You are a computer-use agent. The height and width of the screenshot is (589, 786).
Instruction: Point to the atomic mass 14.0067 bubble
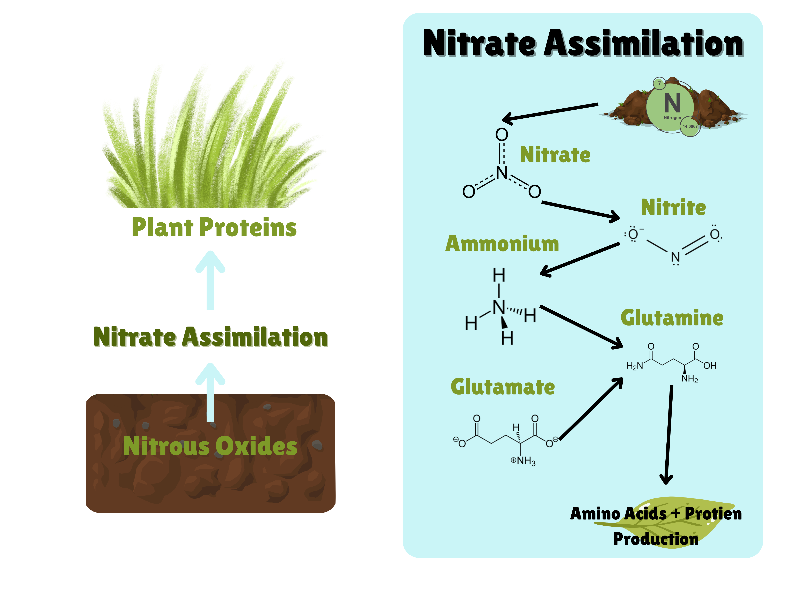pos(690,126)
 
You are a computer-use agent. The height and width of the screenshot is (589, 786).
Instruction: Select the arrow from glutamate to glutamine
pos(591,409)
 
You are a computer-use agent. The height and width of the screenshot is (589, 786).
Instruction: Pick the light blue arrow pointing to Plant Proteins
pos(210,281)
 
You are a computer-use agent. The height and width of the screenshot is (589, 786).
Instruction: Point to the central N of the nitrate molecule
pos(502,173)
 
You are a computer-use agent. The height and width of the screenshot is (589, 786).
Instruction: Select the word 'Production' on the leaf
pos(656,539)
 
